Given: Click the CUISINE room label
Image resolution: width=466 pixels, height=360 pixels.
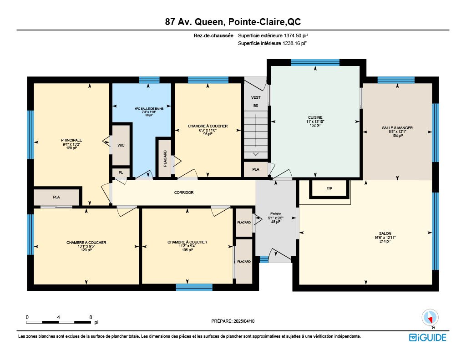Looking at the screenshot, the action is [315, 117].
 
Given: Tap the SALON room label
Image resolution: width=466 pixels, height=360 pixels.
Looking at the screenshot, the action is [385, 233].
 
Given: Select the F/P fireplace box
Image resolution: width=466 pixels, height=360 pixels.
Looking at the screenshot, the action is [329, 188].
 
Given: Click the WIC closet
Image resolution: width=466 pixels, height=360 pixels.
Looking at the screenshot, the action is [121, 145].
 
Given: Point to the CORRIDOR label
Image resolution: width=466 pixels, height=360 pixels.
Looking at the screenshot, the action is [184, 193].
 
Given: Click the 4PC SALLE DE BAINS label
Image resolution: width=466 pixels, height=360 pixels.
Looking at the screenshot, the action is [149, 108].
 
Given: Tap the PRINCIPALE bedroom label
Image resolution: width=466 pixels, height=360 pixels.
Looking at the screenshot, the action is [71, 140].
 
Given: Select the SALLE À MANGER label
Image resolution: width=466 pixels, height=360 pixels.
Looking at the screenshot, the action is [397, 128].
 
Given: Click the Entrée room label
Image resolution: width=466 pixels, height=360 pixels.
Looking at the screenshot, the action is [275, 214].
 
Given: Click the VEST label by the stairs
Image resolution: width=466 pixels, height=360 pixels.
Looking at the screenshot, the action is [256, 97].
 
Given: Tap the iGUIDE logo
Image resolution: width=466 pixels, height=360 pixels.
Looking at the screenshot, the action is [427, 337].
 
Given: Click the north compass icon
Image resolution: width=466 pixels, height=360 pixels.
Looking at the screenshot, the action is [430, 318].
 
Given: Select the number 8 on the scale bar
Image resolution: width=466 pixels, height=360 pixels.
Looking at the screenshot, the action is [91, 318].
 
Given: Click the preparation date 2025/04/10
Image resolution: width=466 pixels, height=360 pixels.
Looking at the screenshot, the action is [244, 321].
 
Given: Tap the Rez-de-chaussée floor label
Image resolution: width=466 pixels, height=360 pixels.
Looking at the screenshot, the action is [213, 35].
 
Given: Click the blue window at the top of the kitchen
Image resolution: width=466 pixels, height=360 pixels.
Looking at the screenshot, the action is [315, 62].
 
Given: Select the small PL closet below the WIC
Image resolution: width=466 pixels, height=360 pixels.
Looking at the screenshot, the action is [121, 172].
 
